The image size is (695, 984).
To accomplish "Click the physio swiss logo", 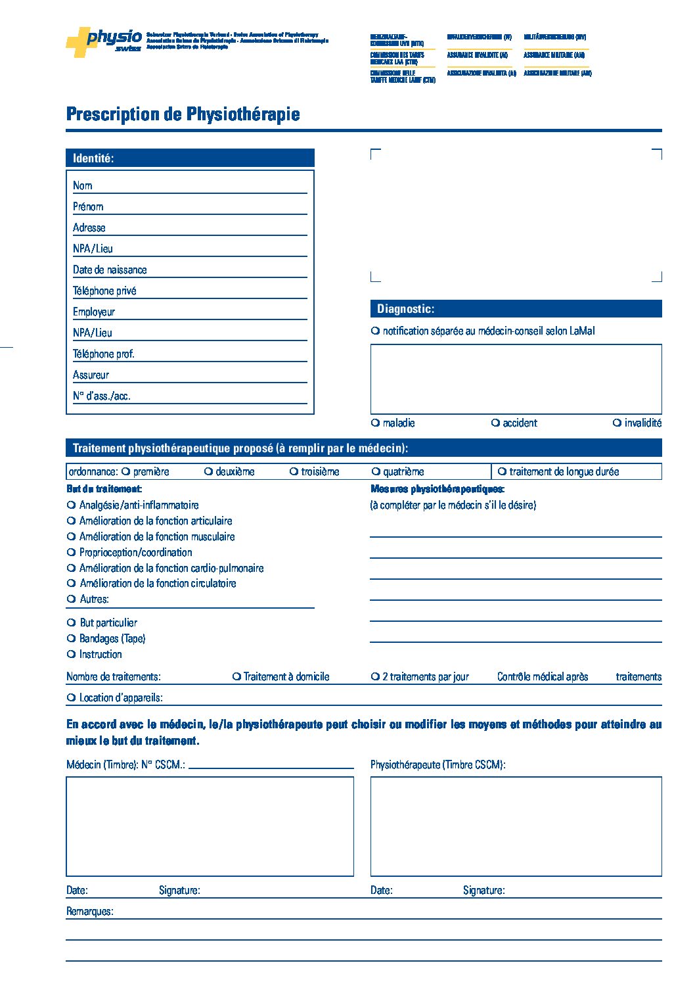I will click(x=104, y=41).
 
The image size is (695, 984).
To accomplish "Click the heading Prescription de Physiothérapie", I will click(x=183, y=114).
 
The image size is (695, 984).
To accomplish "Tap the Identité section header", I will click(x=93, y=158).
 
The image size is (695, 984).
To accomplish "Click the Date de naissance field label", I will click(x=110, y=269).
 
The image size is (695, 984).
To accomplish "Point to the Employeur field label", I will click(x=94, y=312).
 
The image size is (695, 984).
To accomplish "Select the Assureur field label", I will click(x=91, y=375).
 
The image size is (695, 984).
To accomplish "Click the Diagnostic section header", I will click(x=405, y=309).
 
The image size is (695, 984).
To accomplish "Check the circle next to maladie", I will click(x=375, y=423).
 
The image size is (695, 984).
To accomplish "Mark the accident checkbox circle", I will click(x=495, y=423).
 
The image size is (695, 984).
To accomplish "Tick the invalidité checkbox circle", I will click(x=617, y=423).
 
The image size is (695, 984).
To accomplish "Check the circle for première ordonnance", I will click(x=125, y=471).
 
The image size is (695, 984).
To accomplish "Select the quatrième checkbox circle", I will click(x=376, y=471).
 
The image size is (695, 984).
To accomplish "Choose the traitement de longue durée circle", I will click(x=502, y=471).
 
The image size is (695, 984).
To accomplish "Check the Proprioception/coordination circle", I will click(x=72, y=552).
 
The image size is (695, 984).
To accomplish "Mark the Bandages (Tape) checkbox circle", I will click(x=72, y=638).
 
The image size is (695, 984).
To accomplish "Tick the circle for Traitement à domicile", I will click(x=236, y=676).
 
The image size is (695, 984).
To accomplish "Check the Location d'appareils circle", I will click(x=72, y=697).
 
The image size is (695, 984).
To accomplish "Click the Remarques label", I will click(x=89, y=912).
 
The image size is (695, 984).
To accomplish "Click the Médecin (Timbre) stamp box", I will click(x=210, y=826).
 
